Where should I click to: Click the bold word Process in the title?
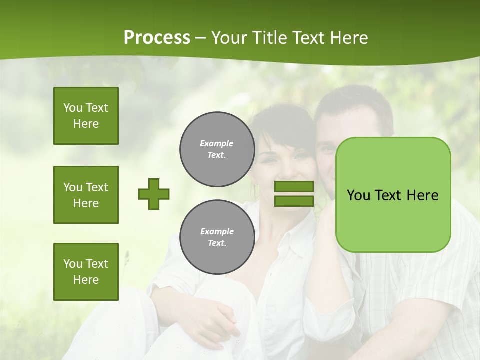point(157,37)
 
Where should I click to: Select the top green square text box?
point(86,116)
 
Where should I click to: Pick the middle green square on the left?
point(86,195)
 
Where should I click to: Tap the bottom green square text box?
point(86,272)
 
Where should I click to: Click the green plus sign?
point(154,194)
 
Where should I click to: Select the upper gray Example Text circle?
point(217,149)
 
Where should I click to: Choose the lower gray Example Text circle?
point(217,237)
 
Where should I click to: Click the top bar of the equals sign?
point(294,187)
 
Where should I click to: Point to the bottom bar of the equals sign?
point(294,201)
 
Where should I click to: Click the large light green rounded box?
point(393,195)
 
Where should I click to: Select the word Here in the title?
point(350,38)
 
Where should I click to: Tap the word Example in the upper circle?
point(217,143)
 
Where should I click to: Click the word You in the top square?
point(72,108)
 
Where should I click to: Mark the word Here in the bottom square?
point(86,280)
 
